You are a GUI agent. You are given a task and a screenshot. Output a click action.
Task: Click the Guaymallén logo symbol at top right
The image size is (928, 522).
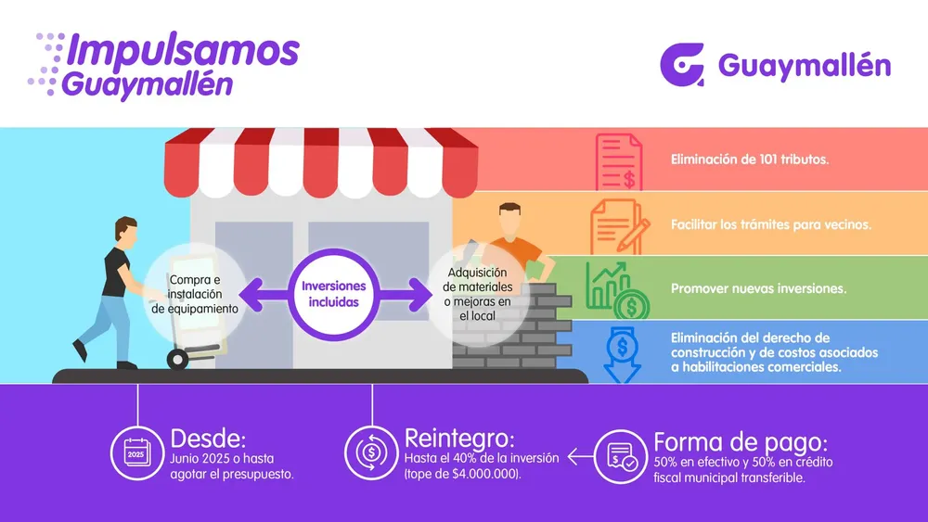[682, 65]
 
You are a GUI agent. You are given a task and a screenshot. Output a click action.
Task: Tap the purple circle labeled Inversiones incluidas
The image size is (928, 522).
[333, 294]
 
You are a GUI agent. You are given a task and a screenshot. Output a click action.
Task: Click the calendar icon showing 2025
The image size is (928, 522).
[136, 453]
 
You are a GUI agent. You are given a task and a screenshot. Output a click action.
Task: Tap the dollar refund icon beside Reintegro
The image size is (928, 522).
[371, 453]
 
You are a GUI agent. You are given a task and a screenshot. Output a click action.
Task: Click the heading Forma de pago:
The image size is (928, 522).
[740, 441]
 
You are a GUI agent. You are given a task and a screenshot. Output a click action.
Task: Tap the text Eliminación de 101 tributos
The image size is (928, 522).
[750, 159]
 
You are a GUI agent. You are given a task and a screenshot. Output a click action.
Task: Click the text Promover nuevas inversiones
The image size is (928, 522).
[758, 288]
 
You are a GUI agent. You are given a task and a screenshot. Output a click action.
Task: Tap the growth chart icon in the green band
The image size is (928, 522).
[617, 289]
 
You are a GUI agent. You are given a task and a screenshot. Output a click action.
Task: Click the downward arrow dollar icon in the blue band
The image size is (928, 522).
[620, 353]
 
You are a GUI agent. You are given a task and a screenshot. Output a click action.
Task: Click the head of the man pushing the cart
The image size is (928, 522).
[126, 231]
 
